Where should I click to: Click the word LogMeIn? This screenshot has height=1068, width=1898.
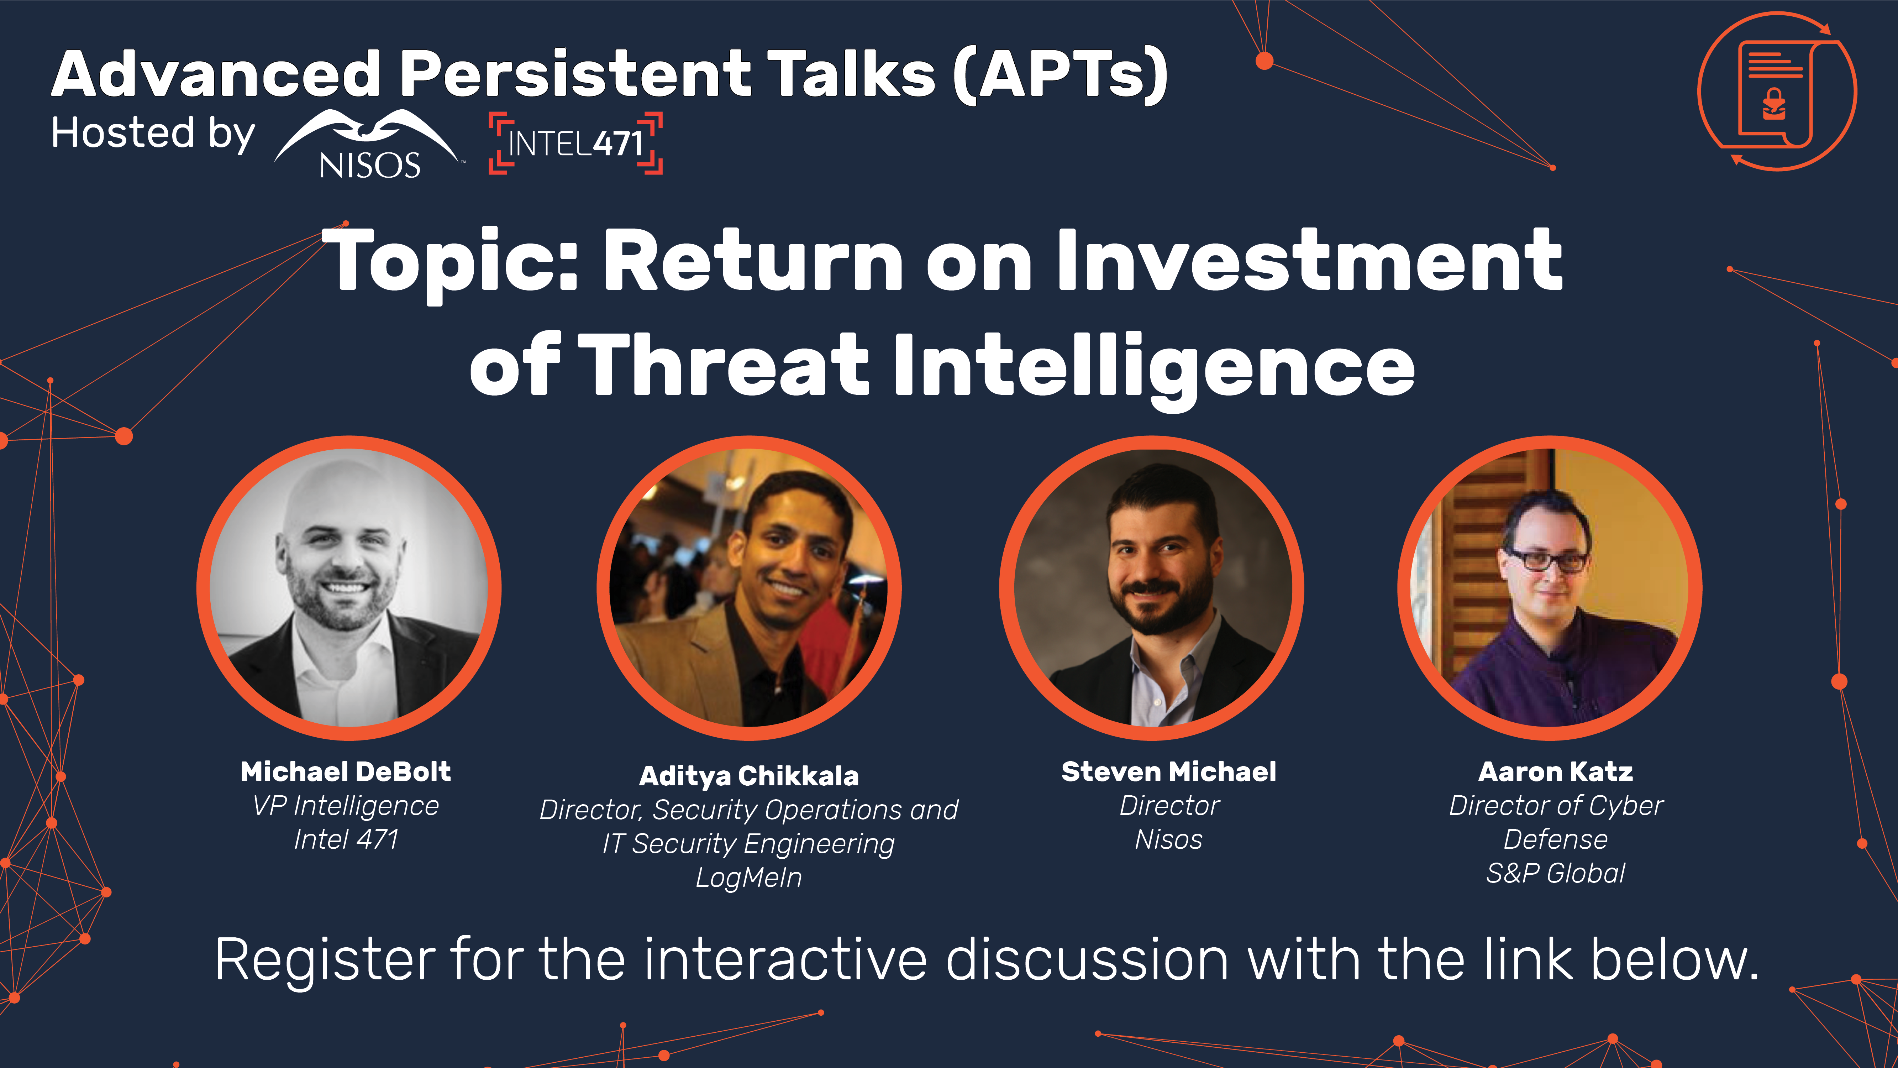[x=748, y=877]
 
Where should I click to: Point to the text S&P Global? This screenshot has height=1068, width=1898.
[x=1555, y=873]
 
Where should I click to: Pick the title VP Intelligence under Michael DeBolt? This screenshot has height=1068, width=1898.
[x=346, y=806]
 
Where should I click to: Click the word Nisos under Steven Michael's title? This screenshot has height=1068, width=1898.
[x=1168, y=839]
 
